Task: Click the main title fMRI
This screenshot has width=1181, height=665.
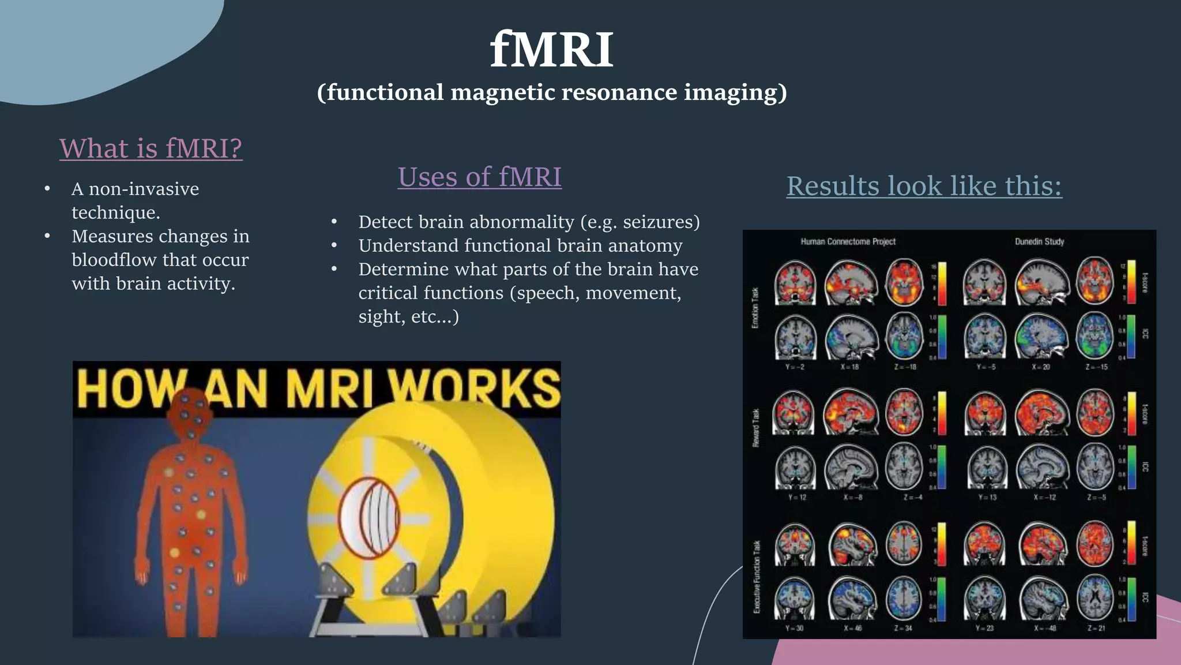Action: pyautogui.click(x=552, y=50)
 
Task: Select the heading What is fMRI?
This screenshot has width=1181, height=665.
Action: pyautogui.click(x=151, y=148)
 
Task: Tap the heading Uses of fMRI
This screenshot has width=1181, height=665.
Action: pyautogui.click(x=479, y=177)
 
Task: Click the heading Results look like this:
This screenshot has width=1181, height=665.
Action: pyautogui.click(x=924, y=186)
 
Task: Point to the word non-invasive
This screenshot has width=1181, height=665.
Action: pyautogui.click(x=144, y=189)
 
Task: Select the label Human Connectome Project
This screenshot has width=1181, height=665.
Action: pyautogui.click(x=848, y=242)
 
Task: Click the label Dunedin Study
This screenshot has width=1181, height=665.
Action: pyautogui.click(x=1039, y=242)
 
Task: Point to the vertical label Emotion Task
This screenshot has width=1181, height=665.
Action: pyautogui.click(x=755, y=308)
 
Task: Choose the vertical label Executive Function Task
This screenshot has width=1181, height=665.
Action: pyautogui.click(x=757, y=577)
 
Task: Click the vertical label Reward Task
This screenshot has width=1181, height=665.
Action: pyautogui.click(x=755, y=428)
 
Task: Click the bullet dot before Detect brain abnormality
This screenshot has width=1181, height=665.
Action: pyautogui.click(x=334, y=222)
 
